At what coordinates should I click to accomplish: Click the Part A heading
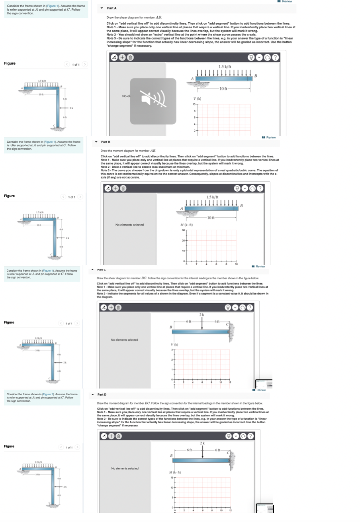(112, 8)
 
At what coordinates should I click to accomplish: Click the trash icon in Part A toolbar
(130, 57)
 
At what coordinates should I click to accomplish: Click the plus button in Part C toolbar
(112, 307)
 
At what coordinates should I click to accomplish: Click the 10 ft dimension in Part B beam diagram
(211, 217)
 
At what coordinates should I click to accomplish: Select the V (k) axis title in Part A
(197, 98)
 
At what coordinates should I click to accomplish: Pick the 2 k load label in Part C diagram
(202, 315)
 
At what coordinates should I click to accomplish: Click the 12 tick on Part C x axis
(230, 382)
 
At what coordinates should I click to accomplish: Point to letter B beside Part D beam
(171, 455)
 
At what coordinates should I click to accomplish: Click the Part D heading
(102, 394)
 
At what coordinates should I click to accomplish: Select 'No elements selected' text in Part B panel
(129, 225)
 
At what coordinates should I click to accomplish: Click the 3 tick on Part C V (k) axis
(172, 350)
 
